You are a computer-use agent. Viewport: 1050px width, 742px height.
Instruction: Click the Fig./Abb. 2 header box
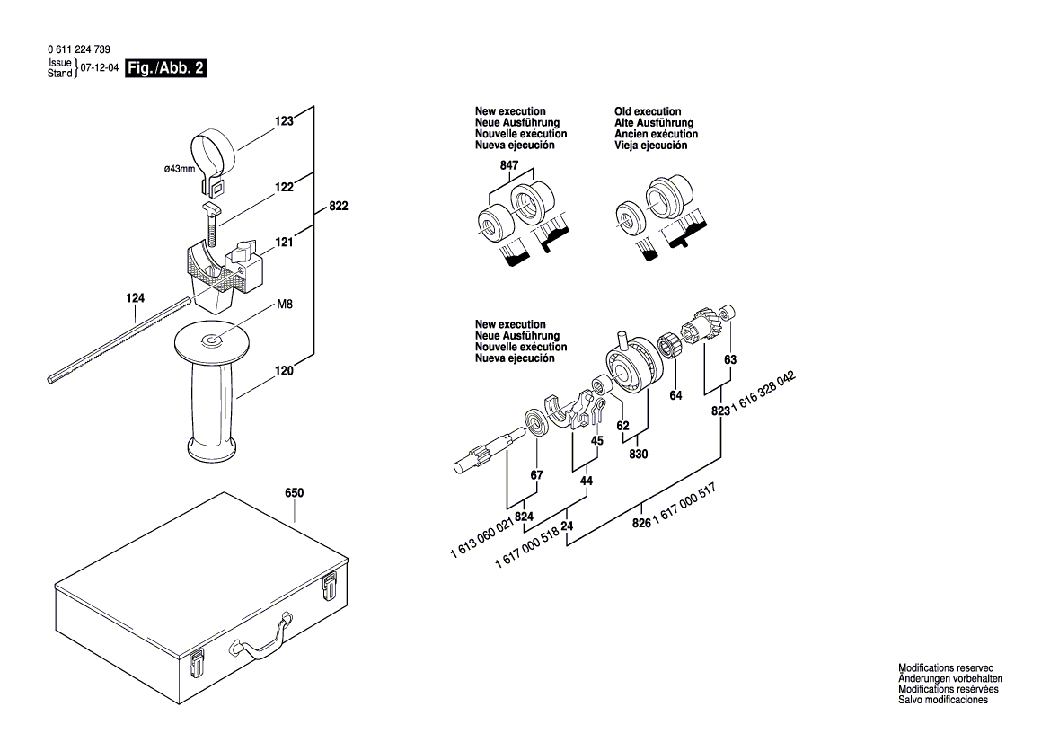tap(166, 68)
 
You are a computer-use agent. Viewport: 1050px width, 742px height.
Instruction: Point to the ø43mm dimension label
tap(179, 168)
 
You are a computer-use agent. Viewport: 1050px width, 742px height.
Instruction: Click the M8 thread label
tap(284, 305)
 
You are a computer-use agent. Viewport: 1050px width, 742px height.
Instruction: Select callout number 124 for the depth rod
tap(135, 297)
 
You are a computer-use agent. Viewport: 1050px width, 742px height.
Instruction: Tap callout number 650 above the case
tap(294, 493)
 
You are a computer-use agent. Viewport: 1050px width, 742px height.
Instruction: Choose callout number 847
tap(509, 166)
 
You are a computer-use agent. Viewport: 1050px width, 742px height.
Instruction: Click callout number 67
tap(536, 475)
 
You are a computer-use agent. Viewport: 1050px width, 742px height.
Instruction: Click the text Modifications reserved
tap(946, 668)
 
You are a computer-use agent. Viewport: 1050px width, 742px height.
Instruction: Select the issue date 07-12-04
tap(100, 68)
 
